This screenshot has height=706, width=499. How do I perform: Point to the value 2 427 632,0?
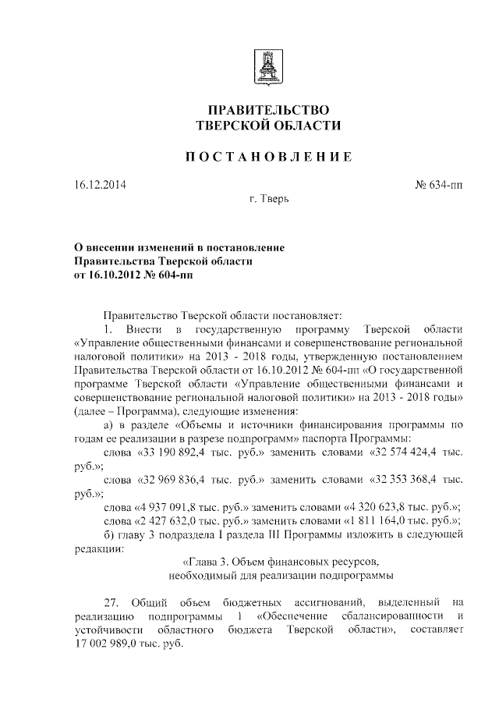click(x=173, y=521)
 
